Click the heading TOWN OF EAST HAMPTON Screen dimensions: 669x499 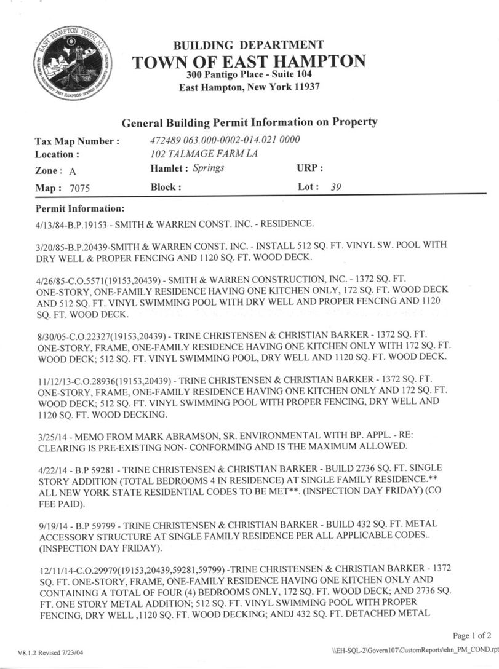tap(249, 61)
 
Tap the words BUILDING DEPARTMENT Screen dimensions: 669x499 tap(248, 45)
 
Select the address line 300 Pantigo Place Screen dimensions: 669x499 tap(249, 74)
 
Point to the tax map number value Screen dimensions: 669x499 tap(225, 140)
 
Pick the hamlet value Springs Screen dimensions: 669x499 tap(208, 168)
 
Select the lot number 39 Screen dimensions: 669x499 tap(335, 187)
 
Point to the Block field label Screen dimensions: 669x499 tap(166, 187)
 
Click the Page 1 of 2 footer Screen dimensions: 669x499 tap(471, 636)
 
